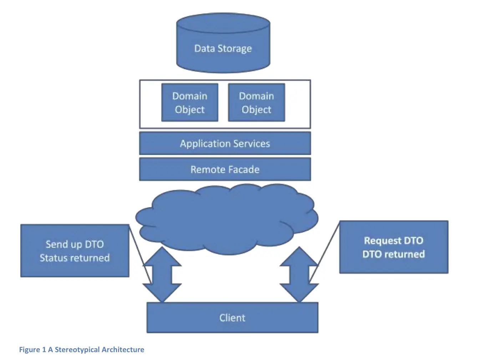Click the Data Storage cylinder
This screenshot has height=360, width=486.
(223, 45)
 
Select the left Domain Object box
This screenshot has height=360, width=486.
(189, 102)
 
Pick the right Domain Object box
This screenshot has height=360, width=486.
(256, 102)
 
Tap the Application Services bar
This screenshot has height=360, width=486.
(225, 144)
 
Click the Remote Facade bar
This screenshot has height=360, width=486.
(225, 169)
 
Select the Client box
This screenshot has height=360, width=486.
(232, 317)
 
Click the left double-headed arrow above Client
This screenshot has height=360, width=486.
(162, 274)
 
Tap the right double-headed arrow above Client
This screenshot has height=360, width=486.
(299, 274)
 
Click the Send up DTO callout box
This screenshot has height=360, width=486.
(75, 251)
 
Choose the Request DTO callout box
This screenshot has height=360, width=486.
(394, 247)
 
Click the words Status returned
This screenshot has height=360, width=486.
(75, 258)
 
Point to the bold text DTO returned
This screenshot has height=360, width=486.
(394, 254)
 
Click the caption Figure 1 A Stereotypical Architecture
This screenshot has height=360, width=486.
(82, 350)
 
